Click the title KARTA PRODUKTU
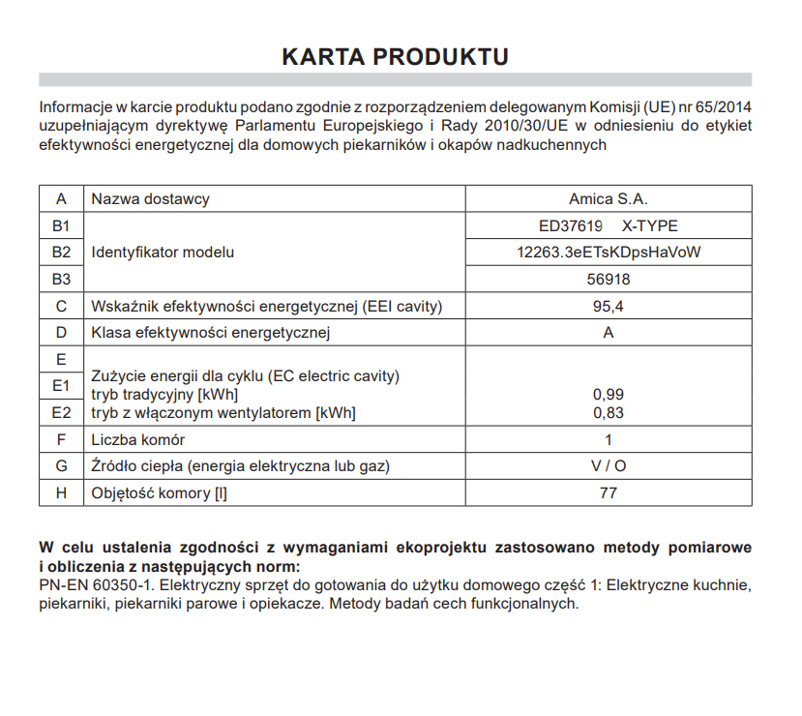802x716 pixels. click(x=395, y=56)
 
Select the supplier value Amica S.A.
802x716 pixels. click(x=608, y=199)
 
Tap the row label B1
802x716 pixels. click(x=62, y=226)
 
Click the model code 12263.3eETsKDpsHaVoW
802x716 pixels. click(x=608, y=253)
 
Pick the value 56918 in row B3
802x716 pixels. click(x=608, y=280)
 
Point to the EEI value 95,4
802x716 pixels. click(x=608, y=307)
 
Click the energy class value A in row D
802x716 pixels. click(x=608, y=333)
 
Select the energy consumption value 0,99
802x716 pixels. click(x=608, y=394)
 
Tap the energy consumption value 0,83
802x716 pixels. click(x=608, y=413)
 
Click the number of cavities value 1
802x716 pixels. click(x=608, y=439)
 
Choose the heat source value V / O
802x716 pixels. click(x=608, y=466)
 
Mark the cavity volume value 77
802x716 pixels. click(x=608, y=492)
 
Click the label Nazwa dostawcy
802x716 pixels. click(x=150, y=199)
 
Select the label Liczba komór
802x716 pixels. click(x=137, y=439)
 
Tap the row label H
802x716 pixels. click(x=62, y=492)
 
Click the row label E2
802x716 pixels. click(x=62, y=413)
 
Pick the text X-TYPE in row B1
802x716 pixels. click(x=649, y=226)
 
